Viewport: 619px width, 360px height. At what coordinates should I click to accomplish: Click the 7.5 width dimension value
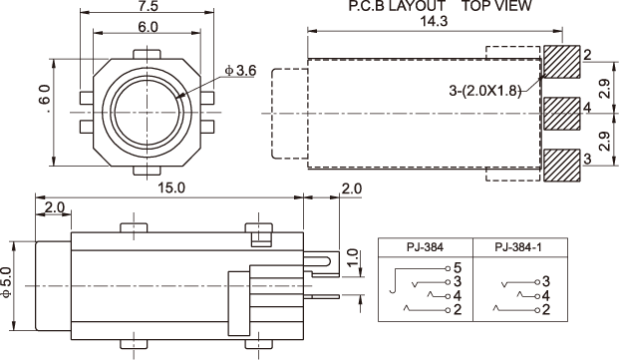[x=149, y=6]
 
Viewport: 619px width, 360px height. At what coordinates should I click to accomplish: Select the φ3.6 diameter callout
[x=240, y=71]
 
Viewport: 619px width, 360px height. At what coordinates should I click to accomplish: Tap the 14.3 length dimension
[x=434, y=21]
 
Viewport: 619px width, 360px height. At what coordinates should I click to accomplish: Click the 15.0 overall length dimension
[x=171, y=187]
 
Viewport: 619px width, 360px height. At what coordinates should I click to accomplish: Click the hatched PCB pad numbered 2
[x=562, y=62]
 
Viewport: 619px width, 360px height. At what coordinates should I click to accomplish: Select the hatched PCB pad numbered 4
[x=562, y=114]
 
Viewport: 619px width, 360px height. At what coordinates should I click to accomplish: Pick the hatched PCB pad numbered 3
[x=562, y=166]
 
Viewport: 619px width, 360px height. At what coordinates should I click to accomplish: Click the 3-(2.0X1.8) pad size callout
[x=484, y=91]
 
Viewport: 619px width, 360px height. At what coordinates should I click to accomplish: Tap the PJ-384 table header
[x=426, y=247]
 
